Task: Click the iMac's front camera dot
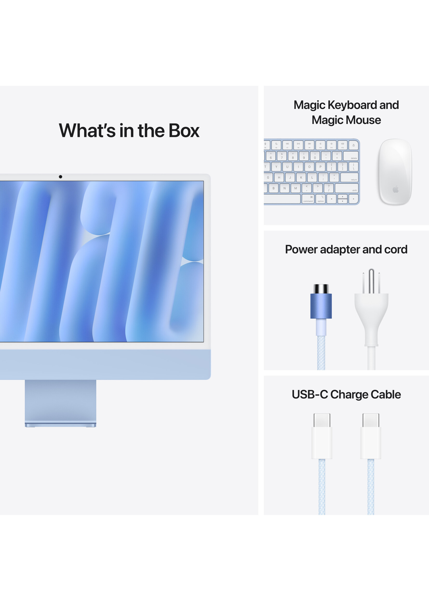point(61,176)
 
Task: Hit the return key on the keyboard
point(349,177)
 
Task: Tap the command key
point(308,199)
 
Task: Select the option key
point(320,199)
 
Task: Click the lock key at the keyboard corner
point(353,145)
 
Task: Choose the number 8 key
point(293,156)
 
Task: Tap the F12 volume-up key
point(342,145)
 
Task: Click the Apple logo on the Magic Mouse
point(396,189)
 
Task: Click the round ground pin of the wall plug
point(371,281)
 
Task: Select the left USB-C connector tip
point(322,420)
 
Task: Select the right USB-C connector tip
point(371,420)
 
